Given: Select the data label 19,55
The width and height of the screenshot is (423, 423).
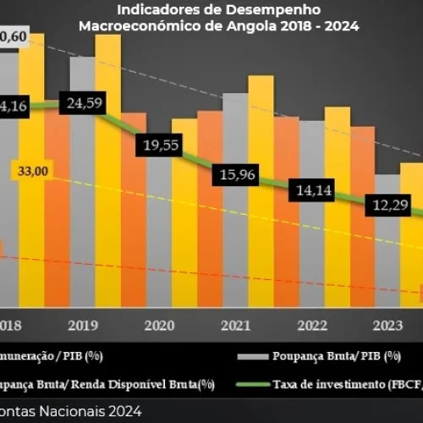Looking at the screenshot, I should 161,145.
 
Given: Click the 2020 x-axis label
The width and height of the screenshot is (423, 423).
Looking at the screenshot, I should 161,325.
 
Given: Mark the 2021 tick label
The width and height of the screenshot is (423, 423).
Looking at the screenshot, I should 237,325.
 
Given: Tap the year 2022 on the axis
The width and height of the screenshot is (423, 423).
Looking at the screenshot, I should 312,325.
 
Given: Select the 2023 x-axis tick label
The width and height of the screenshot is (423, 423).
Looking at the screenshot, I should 387,325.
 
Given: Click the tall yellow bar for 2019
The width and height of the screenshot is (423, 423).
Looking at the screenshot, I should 107,169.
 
